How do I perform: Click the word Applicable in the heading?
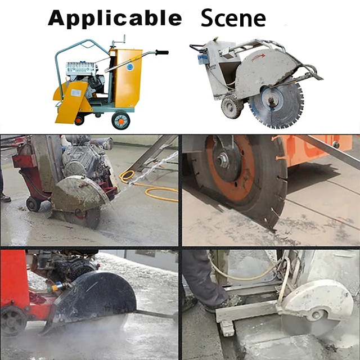pyautogui.click(x=115, y=18)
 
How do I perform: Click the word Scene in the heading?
pyautogui.click(x=233, y=18)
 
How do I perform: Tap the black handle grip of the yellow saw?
pyautogui.click(x=161, y=52)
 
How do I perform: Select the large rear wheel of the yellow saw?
pyautogui.click(x=120, y=120)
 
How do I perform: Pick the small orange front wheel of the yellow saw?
pyautogui.click(x=79, y=119)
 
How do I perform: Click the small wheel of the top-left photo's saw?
pyautogui.click(x=33, y=204)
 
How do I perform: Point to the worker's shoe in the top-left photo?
pyautogui.click(x=5, y=197)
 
